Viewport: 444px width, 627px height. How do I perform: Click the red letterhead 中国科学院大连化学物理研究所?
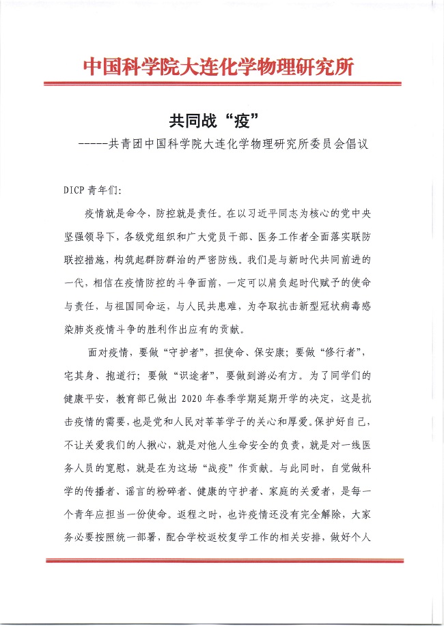pos(219,68)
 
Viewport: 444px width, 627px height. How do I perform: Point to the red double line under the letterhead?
pos(222,84)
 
